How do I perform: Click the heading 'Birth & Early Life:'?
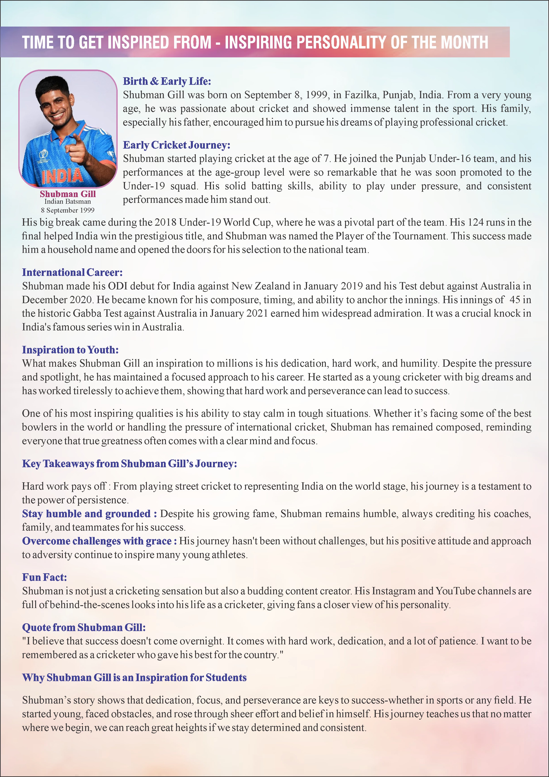click(167, 81)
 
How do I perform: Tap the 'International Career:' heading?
click(72, 272)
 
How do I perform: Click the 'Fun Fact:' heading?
click(44, 577)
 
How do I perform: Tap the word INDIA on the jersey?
click(62, 175)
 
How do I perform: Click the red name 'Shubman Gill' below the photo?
click(68, 194)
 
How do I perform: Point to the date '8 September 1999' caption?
click(68, 210)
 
